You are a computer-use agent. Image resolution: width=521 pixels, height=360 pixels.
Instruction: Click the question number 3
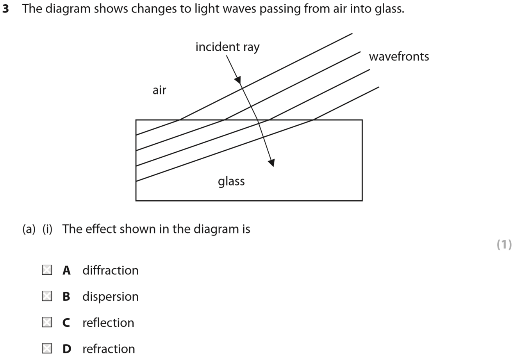pyautogui.click(x=6, y=9)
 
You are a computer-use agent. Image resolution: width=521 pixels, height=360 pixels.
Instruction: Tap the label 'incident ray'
pyautogui.click(x=227, y=47)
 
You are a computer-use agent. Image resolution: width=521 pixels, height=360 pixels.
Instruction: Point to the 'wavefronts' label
pyautogui.click(x=399, y=57)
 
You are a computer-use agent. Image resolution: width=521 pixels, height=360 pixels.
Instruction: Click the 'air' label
pyautogui.click(x=159, y=90)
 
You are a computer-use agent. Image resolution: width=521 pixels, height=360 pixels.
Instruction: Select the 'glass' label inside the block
pyautogui.click(x=231, y=181)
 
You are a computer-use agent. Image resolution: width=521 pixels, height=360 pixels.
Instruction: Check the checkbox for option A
pyautogui.click(x=47, y=270)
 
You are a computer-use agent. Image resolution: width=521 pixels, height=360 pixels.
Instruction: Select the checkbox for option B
pyautogui.click(x=47, y=296)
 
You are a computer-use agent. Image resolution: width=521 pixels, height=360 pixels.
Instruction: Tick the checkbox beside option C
pyautogui.click(x=47, y=322)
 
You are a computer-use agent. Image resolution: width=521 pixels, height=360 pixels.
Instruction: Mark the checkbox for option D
pyautogui.click(x=47, y=348)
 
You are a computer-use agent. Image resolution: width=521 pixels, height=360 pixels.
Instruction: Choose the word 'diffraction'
pyautogui.click(x=110, y=270)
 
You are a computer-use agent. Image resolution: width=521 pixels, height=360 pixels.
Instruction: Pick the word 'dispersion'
pyautogui.click(x=110, y=297)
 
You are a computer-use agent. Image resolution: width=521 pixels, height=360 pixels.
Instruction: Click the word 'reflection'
pyautogui.click(x=108, y=323)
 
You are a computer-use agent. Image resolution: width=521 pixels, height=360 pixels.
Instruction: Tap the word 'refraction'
pyautogui.click(x=109, y=349)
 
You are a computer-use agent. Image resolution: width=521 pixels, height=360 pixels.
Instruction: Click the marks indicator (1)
pyautogui.click(x=504, y=245)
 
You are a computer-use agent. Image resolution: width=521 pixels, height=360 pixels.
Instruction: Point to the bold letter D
pyautogui.click(x=67, y=349)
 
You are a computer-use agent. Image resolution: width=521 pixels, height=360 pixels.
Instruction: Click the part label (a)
pyautogui.click(x=29, y=229)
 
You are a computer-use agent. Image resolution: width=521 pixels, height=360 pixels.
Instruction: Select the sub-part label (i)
pyautogui.click(x=47, y=229)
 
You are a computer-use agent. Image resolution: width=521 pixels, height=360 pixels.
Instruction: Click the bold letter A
pyautogui.click(x=67, y=270)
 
